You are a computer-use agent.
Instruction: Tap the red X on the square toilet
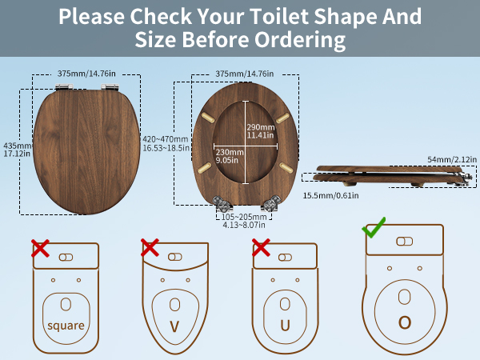40,248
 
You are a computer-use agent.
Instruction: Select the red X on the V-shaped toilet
150,248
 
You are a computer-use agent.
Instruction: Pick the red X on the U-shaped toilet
261,248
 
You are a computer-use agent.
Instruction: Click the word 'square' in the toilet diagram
66,326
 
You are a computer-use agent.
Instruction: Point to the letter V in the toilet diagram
174,326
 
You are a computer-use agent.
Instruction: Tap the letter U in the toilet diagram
285,326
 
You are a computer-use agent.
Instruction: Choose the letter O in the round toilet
405,322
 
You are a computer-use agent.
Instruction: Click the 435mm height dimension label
17,150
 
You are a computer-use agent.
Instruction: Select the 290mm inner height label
261,131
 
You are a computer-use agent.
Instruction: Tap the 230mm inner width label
230,156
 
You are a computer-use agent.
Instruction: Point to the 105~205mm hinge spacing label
244,221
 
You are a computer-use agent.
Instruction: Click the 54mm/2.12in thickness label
452,159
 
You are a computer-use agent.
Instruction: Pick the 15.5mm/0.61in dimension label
330,195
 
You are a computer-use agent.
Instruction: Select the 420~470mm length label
166,143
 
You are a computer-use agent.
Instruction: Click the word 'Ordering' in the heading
300,40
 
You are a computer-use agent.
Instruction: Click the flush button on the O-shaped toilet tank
404,242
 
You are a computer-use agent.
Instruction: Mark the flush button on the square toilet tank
66,257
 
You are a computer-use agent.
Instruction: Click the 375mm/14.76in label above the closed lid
86,74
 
